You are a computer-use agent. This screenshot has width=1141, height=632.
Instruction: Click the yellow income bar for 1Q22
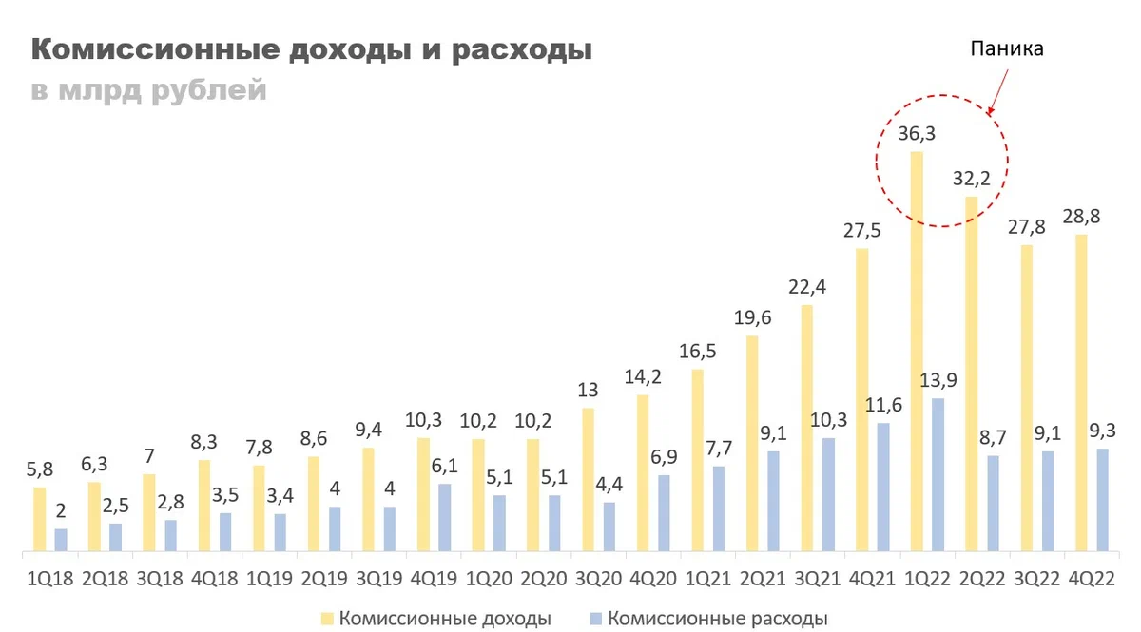(917, 352)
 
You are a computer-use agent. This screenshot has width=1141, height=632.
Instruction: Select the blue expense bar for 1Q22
(938, 474)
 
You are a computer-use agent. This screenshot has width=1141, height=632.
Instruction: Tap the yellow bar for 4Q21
(861, 400)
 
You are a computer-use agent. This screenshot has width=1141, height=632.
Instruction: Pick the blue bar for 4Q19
(445, 517)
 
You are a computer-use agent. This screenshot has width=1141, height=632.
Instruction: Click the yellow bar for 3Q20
(589, 479)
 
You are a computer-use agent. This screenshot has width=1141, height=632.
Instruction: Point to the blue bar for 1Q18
(61, 540)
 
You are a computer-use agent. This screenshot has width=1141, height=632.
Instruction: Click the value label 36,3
(918, 134)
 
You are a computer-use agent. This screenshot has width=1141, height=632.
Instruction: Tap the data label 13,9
(938, 380)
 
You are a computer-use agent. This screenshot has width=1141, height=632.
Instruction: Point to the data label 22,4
(807, 286)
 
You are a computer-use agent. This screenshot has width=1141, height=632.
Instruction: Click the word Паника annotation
(1007, 48)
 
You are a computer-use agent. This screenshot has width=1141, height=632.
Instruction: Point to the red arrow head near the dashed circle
(991, 111)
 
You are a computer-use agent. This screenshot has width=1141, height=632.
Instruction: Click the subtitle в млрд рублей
(147, 91)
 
